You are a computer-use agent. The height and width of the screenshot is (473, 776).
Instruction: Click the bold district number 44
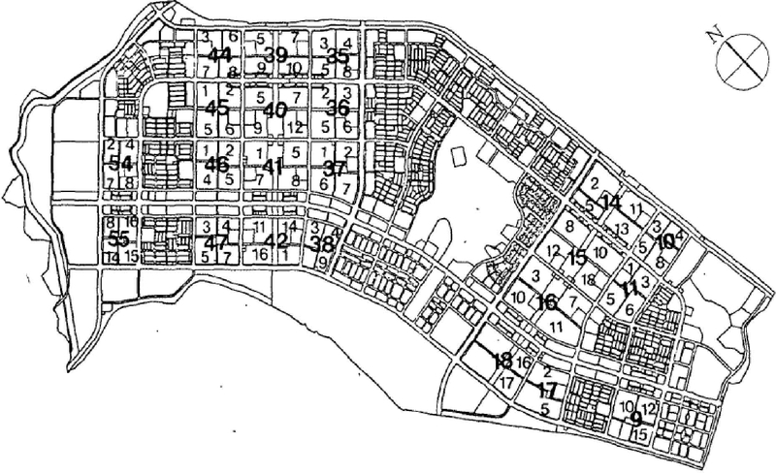pos(219,55)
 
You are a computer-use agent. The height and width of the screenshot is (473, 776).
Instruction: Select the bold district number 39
pos(275,55)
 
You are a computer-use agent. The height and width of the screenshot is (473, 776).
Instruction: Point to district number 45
pos(217,108)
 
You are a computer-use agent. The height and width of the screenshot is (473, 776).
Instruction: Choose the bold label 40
pos(275,110)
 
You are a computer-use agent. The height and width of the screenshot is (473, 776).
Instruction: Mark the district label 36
pos(337,108)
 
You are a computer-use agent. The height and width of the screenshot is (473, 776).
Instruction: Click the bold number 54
pos(120,164)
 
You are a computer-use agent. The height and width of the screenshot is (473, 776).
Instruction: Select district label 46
pos(217,164)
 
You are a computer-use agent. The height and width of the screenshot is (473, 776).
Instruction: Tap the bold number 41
pos(272,167)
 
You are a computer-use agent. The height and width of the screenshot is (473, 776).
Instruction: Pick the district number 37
pos(335,167)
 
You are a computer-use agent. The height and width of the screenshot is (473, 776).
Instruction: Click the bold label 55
pos(118,239)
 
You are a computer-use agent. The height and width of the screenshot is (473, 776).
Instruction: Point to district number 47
pos(217,240)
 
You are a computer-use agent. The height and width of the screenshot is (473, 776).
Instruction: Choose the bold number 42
pos(276,240)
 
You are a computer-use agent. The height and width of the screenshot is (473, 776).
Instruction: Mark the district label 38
pos(320,244)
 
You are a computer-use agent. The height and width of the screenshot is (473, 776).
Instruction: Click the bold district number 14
pos(610,202)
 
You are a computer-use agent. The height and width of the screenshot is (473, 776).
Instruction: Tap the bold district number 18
pos(502,360)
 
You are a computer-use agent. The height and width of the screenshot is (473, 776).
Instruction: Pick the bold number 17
pos(547,391)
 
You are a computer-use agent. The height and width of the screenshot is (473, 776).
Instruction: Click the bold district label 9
pos(635,419)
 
